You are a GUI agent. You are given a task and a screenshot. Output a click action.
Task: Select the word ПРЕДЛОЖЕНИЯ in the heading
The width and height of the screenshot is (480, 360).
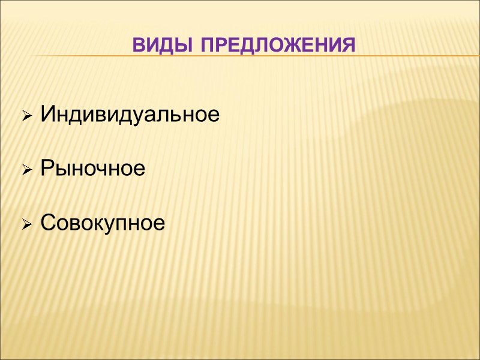point(277,45)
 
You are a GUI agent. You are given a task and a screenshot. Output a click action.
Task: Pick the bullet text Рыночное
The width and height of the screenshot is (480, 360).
point(92,169)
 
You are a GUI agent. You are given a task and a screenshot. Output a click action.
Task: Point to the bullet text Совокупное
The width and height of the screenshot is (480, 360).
point(102,224)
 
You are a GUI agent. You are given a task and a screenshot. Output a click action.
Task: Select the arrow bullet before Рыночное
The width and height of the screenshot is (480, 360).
point(26,170)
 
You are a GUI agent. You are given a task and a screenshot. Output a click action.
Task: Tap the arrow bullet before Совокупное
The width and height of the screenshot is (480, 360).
point(26,225)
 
